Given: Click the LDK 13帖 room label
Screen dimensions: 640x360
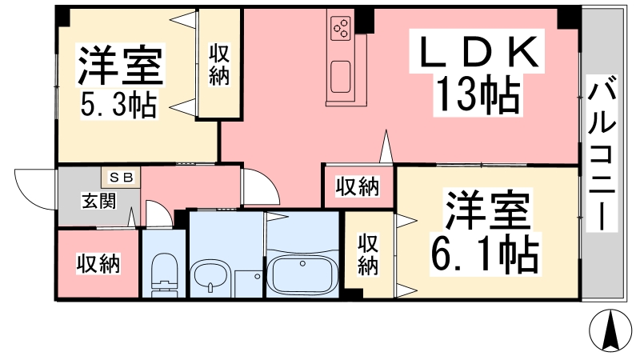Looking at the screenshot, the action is coord(478,73).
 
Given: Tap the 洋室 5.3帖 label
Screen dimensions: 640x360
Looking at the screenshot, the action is coord(121,82).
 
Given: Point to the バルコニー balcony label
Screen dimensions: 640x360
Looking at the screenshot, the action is coord(602,153).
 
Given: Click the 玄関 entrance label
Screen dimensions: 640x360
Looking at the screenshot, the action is coord(98,202).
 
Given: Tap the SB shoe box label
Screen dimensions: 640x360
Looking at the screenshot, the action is coord(121,178).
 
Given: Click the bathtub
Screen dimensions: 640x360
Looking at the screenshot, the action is coord(302,275).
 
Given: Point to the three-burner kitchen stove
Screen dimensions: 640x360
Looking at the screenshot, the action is coord(342,28).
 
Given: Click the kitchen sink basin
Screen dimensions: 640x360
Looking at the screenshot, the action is coord(341,77).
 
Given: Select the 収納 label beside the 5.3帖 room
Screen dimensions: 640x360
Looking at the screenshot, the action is coord(219,65).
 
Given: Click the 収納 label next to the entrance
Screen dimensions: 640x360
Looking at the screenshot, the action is coord(98,264).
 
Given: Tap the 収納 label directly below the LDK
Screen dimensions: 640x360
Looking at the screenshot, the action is coord(358,186).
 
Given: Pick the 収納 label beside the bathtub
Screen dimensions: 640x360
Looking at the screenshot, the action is coord(368,254).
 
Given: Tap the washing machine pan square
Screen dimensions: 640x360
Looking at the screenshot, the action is coord(249,284).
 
